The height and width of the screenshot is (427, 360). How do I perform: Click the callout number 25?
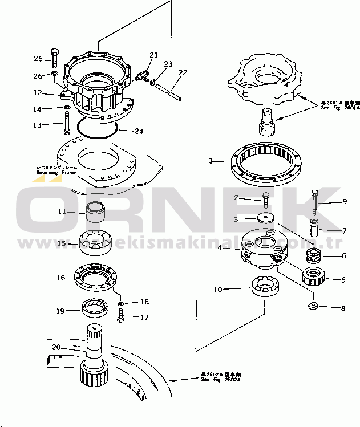point(38,59)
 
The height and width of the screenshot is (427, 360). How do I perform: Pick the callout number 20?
point(55,347)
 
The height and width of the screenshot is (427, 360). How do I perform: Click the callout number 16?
point(60,279)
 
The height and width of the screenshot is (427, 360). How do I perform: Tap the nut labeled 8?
point(313,308)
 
